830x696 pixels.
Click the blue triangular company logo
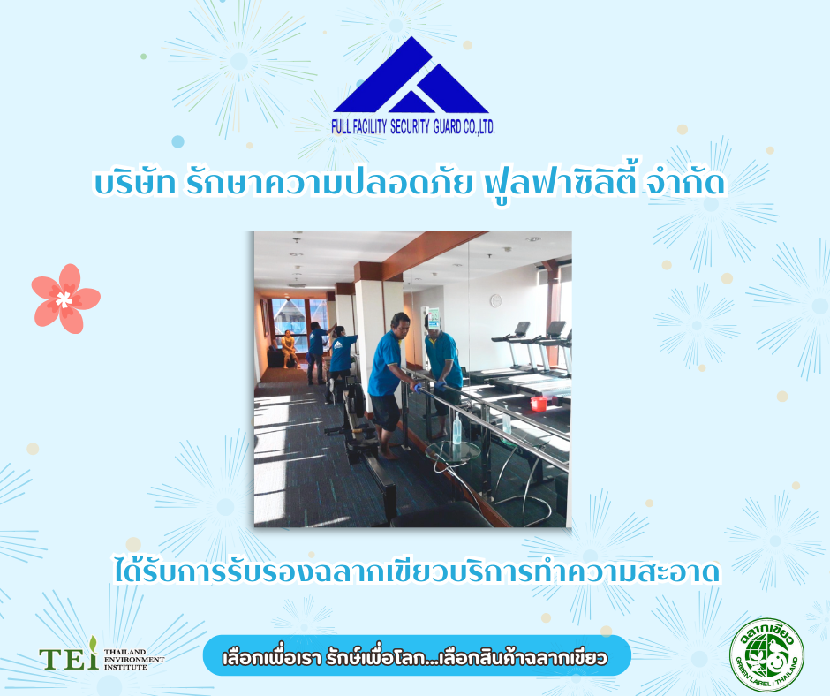[411, 75]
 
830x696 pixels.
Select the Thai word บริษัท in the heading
[135, 183]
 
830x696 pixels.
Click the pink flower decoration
[65, 299]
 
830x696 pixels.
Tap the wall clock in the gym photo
[496, 300]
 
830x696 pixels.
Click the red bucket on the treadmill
[539, 403]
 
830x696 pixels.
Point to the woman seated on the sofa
[289, 348]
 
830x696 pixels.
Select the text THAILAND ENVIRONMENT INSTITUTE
[134, 660]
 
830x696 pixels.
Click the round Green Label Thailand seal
[766, 655]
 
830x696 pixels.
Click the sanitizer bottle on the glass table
[456, 429]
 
